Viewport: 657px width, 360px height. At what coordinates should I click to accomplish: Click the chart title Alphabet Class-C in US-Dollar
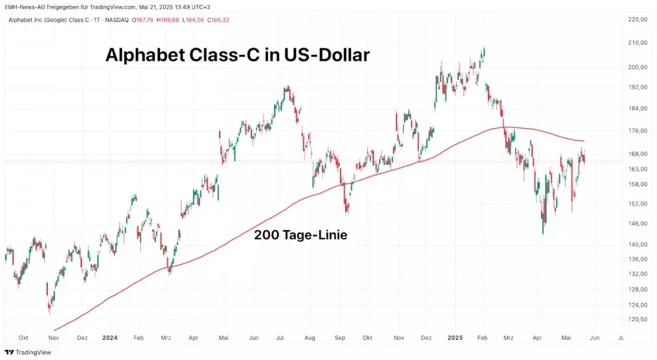tap(237, 55)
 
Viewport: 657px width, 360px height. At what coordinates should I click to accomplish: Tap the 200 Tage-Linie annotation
tap(301, 236)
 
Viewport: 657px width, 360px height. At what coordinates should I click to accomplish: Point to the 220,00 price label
tap(637, 20)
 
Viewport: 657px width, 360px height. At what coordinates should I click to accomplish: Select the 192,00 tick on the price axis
tap(637, 87)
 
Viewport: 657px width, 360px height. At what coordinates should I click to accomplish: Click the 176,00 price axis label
tap(637, 131)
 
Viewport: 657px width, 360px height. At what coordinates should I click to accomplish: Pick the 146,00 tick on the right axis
tap(637, 224)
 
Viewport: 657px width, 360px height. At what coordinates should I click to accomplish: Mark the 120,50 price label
tap(637, 319)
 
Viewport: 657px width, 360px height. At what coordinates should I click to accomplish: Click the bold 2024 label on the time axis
tap(110, 338)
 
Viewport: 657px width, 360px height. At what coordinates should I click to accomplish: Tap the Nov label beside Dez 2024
tap(399, 338)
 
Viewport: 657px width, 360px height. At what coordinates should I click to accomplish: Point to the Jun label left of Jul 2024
tap(254, 338)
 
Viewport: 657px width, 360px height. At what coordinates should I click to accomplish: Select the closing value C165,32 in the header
tap(218, 20)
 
